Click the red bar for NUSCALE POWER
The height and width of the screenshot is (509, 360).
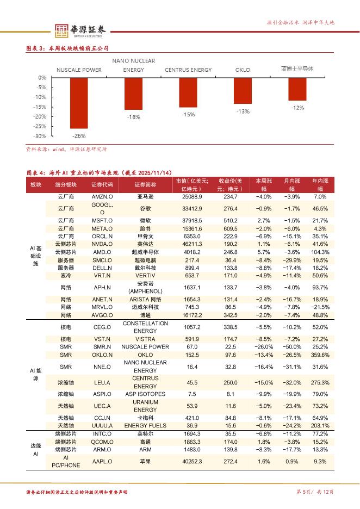click(79, 103)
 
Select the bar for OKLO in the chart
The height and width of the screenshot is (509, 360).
click(243, 91)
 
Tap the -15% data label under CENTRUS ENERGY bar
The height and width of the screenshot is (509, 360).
click(188, 115)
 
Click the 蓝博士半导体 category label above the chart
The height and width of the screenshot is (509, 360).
click(297, 69)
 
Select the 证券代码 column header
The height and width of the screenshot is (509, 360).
click(102, 184)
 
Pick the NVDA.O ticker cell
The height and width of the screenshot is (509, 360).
click(102, 245)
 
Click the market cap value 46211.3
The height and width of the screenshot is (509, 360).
click(193, 245)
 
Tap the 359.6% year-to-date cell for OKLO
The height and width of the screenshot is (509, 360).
click(320, 355)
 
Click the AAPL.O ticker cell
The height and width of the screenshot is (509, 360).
click(102, 461)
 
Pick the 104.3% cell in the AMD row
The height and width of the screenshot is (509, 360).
click(320, 252)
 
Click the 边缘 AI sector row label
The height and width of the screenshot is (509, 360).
click(35, 449)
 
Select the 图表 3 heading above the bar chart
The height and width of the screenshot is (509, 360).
click(68, 48)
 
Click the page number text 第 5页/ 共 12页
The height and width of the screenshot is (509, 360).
click(314, 492)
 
